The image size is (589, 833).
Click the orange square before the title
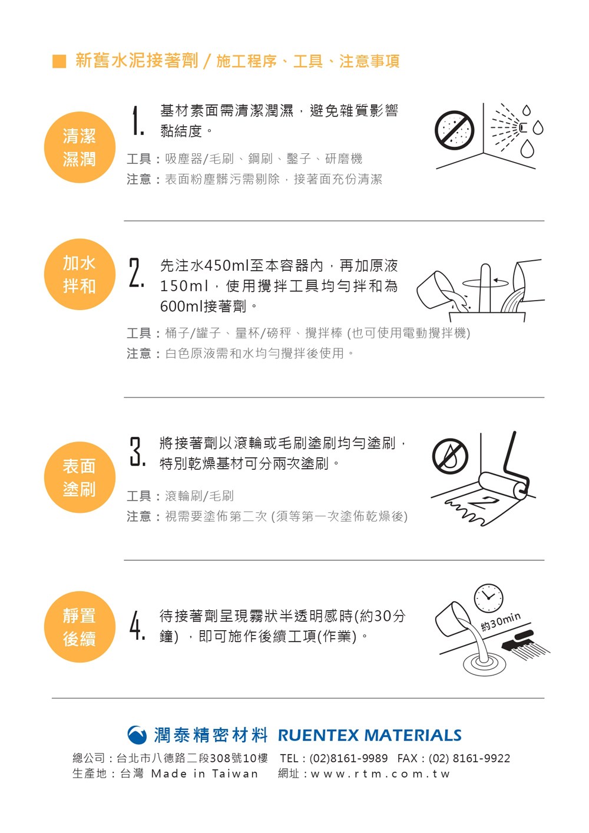[59, 61]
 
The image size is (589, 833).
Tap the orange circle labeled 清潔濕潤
[80, 147]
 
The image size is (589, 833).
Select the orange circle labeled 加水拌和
[80, 274]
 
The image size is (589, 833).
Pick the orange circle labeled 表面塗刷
[80, 477]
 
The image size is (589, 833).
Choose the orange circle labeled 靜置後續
[80, 627]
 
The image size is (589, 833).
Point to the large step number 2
[137, 273]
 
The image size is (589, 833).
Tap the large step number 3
[137, 452]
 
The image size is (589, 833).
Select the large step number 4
[137, 625]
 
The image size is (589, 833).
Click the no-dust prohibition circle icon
[454, 130]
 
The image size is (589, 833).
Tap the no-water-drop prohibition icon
[450, 456]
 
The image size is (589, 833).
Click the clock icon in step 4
[488, 598]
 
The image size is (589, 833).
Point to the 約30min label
[501, 622]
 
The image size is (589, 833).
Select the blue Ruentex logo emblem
[137, 735]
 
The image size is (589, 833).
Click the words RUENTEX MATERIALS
[370, 735]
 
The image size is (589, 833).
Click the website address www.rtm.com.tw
[380, 774]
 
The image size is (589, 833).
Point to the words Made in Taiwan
[204, 773]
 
